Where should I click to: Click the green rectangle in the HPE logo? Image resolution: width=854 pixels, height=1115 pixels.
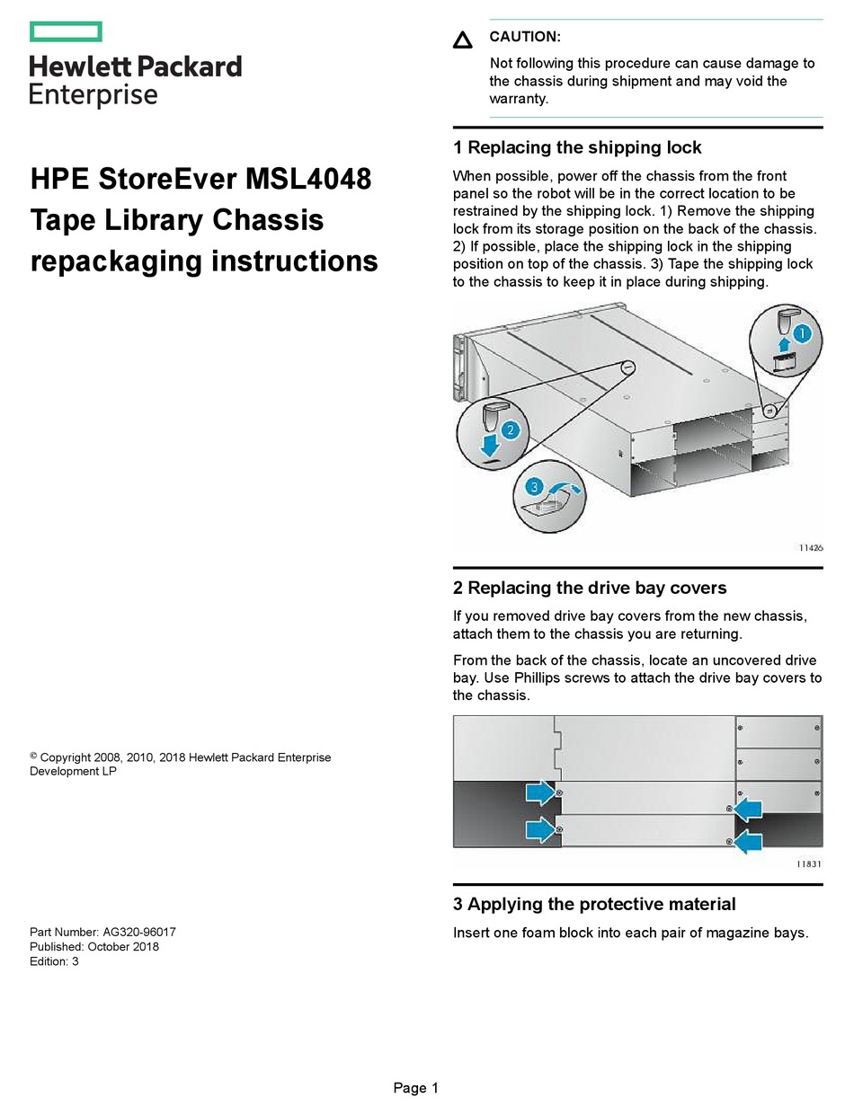coord(66,32)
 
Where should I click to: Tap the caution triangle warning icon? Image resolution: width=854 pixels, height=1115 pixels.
coord(462,40)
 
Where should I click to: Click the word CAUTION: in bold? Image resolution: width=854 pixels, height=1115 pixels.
coord(524,37)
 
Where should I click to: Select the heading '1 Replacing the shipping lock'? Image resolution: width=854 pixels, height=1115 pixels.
coord(577,147)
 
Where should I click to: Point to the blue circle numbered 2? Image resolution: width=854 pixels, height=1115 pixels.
coord(510,429)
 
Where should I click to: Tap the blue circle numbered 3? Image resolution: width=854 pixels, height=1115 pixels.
coord(535,486)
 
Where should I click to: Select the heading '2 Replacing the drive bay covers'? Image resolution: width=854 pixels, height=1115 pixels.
coord(590,588)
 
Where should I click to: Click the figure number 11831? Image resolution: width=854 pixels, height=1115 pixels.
coord(809,863)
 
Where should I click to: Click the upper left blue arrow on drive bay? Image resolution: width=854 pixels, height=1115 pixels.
coord(540,792)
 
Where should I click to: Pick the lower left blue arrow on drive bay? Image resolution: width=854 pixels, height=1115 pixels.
coord(540,828)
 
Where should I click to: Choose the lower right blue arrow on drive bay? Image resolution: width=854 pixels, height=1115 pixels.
coord(748,842)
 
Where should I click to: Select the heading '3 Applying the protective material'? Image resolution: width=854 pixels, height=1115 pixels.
coord(594,904)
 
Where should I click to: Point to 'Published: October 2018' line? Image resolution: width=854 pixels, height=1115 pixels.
coord(94,947)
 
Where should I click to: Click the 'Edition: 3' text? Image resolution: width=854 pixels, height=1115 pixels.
coord(55,961)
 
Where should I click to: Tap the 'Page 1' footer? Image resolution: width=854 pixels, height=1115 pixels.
coord(415,1088)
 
